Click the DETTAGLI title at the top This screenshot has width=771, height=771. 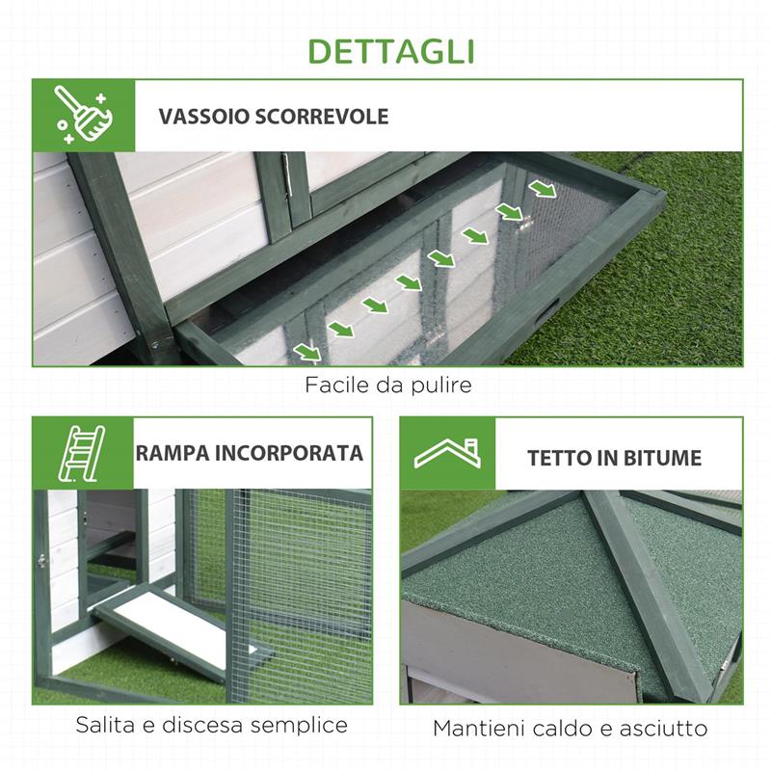click(385, 49)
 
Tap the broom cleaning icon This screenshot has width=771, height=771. click(84, 116)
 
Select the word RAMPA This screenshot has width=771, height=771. click(174, 453)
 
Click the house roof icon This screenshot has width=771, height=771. click(448, 454)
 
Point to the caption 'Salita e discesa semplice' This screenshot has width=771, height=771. click(211, 724)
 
